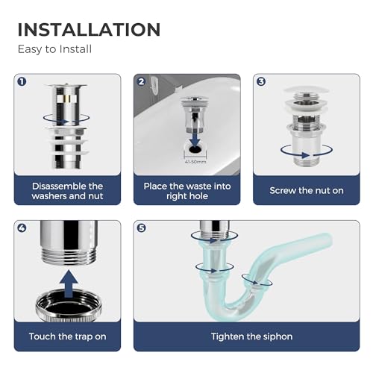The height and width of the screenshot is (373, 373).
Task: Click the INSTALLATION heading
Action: (x=89, y=29)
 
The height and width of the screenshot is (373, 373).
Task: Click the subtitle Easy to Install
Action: (x=55, y=49)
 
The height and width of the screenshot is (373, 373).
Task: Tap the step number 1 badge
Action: (x=22, y=81)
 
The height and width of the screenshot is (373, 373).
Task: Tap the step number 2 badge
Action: (x=142, y=81)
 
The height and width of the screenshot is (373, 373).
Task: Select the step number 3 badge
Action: (x=261, y=81)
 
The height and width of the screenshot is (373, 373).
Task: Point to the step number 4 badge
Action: (x=22, y=228)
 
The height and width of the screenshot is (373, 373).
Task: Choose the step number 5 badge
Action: (x=142, y=228)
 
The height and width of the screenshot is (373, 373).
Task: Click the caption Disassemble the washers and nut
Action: (x=68, y=191)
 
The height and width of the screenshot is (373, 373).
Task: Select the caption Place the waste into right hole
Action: (x=187, y=191)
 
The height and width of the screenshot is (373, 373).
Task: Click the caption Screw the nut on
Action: (x=307, y=191)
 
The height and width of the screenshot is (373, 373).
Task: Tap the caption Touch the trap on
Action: (x=68, y=336)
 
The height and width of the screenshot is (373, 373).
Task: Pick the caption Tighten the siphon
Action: (x=247, y=336)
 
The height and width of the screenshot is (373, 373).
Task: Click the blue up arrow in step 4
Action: (x=68, y=284)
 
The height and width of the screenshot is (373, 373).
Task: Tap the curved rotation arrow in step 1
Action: (x=68, y=118)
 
